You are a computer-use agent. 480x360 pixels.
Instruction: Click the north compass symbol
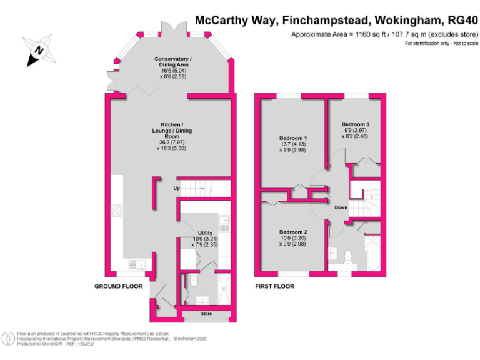pos(39,50)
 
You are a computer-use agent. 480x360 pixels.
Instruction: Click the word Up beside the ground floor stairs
pos(177,189)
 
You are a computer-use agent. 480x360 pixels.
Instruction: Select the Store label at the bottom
pos(206,313)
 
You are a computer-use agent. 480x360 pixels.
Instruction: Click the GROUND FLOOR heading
pos(119,286)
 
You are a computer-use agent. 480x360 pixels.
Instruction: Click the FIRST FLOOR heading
pos(275,286)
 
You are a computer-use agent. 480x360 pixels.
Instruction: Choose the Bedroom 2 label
pos(292,236)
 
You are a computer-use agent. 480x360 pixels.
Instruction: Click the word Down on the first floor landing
pos(341,207)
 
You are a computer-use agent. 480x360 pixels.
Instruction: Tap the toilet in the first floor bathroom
pos(348,255)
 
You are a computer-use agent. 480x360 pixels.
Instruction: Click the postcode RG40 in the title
pos(459,20)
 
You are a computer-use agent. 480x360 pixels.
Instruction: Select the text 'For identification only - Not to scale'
pos(441,43)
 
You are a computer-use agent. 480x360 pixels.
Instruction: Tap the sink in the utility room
pos(225,221)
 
